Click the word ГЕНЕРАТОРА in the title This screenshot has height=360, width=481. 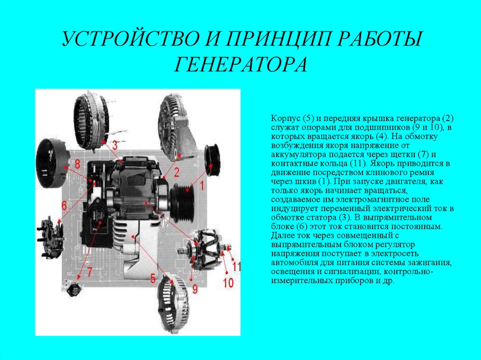tap(240, 64)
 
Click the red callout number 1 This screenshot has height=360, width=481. tap(202, 185)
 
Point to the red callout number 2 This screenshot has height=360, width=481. tap(177, 172)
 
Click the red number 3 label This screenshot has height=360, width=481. tap(115, 145)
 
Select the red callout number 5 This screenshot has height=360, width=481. tap(153, 278)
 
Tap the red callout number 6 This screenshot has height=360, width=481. tap(64, 205)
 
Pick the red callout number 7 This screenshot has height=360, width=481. tap(89, 272)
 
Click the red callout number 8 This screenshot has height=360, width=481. tap(78, 164)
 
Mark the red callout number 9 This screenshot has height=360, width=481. tap(195, 289)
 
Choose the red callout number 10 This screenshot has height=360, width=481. tap(228, 283)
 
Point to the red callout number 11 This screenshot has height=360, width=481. tap(236, 267)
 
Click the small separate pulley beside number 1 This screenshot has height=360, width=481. tap(212, 160)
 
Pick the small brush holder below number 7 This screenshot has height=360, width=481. tap(72, 289)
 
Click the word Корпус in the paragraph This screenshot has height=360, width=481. tap(285, 119)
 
